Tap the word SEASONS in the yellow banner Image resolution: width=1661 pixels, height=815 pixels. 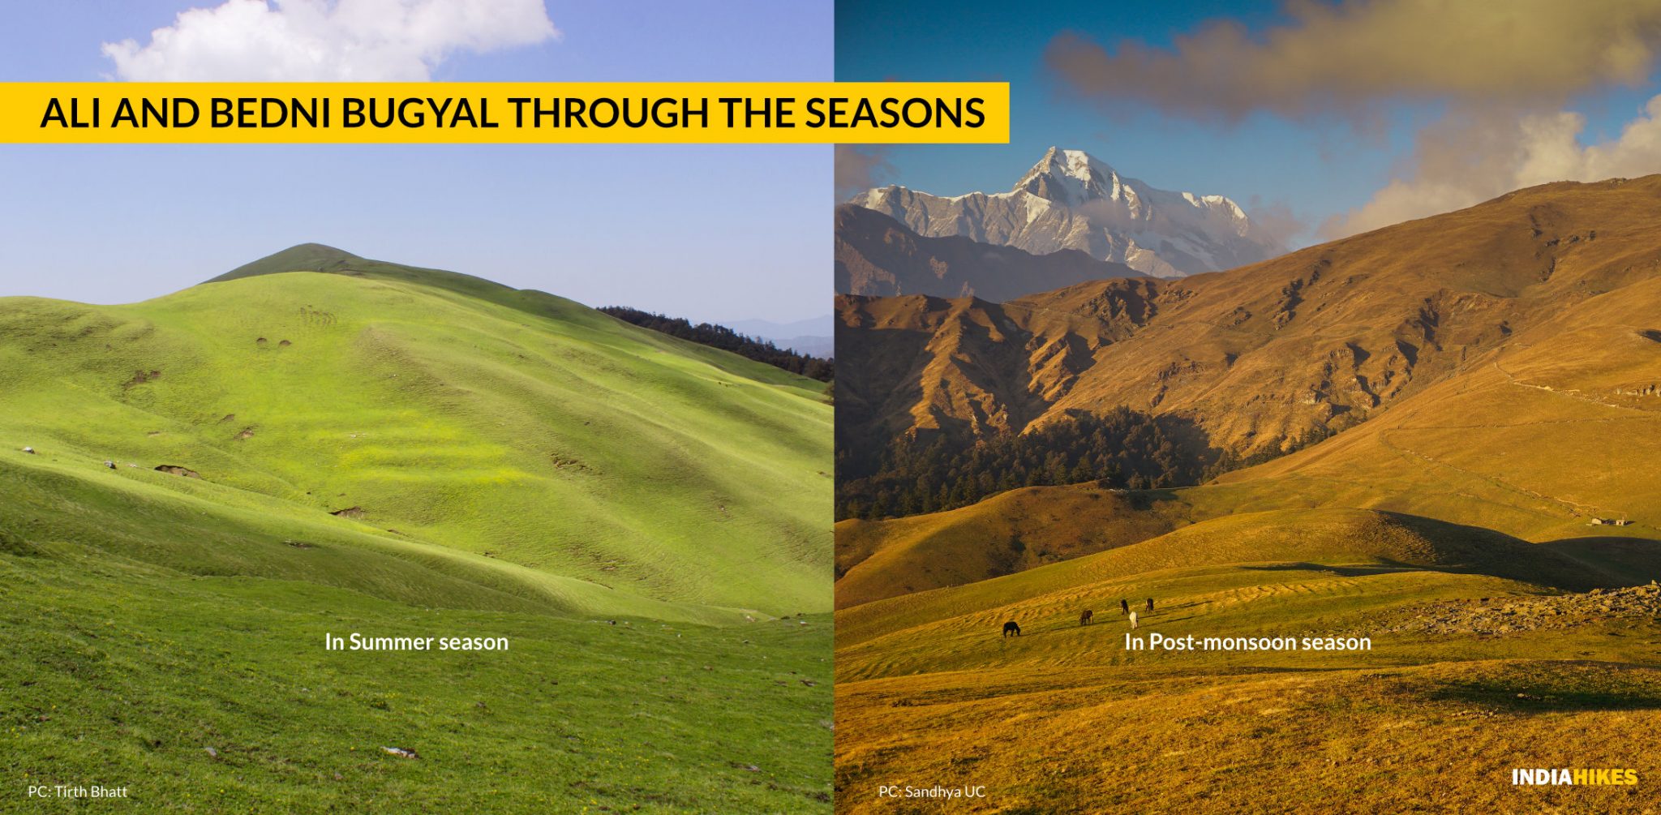[895, 114]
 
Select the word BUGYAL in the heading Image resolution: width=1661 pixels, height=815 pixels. [419, 114]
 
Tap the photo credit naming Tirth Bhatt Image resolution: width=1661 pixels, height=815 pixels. [78, 791]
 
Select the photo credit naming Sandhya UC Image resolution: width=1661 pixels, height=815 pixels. [932, 791]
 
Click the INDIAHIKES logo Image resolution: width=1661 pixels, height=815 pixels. [1574, 778]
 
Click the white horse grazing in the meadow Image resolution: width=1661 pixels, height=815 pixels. [1133, 620]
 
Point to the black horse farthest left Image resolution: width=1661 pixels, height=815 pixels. [1011, 628]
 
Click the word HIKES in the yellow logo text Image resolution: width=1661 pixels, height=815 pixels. [1606, 778]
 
